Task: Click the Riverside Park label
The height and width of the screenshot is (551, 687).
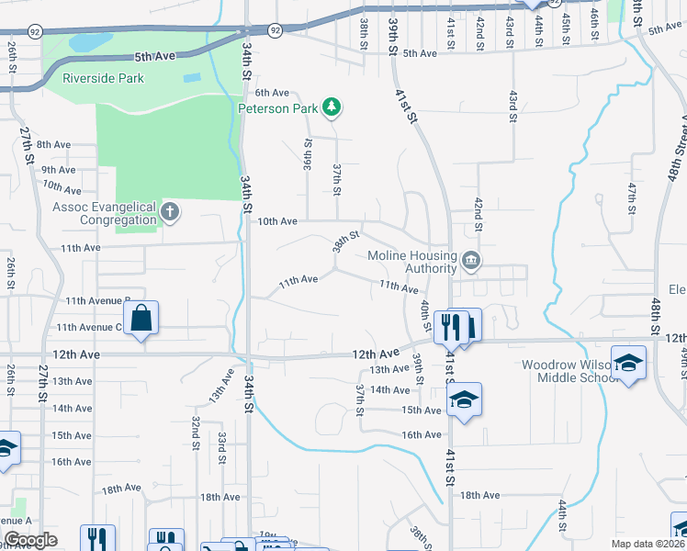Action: point(103,78)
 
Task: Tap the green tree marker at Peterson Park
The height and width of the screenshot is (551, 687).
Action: point(332,108)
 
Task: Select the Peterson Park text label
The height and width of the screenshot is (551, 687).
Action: point(277,107)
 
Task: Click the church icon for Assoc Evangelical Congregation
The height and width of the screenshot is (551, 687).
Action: point(169,212)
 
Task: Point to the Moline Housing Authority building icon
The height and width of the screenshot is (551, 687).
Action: point(471,261)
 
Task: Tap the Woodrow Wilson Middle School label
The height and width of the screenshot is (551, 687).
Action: point(580,371)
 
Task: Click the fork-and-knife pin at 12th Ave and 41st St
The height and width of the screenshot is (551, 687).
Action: point(450,325)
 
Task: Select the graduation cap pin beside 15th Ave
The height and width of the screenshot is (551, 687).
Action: point(465,399)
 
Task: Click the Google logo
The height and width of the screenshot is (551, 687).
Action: point(29,540)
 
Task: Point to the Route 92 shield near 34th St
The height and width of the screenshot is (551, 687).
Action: point(275,30)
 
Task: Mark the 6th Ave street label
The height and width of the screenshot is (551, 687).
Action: point(272,93)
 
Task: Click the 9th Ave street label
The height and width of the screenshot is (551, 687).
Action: point(58,170)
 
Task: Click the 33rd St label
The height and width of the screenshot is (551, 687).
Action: point(221,450)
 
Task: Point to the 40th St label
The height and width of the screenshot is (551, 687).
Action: point(426,315)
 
